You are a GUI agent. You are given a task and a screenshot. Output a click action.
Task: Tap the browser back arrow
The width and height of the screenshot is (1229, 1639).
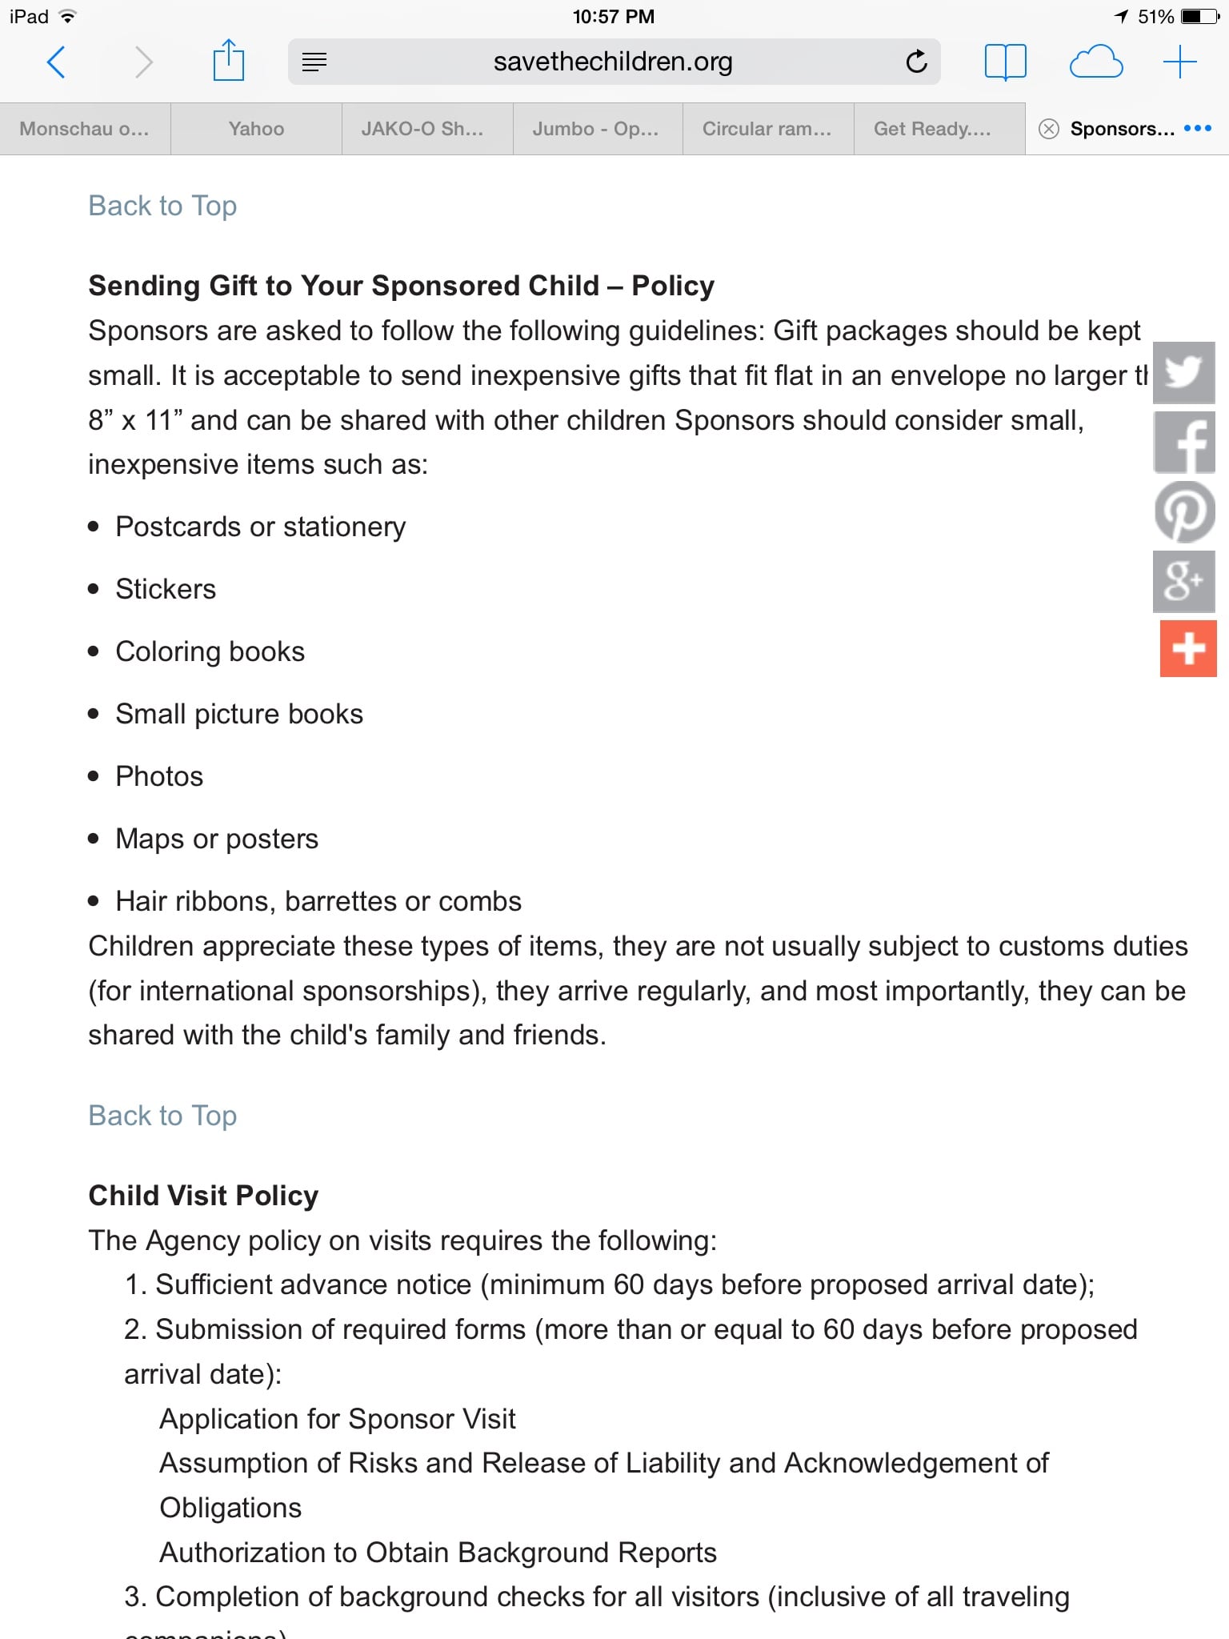(56, 62)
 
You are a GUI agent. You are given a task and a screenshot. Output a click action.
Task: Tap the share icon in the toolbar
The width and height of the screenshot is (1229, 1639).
(229, 61)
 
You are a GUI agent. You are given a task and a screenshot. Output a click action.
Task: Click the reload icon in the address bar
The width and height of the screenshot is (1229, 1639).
(916, 62)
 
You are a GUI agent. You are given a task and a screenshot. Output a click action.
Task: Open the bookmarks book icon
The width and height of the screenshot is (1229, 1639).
(1005, 62)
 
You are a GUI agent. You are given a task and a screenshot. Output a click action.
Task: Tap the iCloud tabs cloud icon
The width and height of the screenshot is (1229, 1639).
(1095, 62)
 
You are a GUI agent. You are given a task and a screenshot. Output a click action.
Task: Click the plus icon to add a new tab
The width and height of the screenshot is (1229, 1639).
(1179, 62)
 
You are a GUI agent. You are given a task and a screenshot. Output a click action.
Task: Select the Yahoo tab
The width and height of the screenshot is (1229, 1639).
(256, 129)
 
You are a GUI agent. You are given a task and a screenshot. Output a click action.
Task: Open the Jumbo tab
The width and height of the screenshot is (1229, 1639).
(595, 129)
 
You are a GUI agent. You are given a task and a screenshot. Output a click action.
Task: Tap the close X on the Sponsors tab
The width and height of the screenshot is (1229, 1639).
(1048, 129)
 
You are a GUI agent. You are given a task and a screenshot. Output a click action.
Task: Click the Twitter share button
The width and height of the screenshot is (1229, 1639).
(1184, 373)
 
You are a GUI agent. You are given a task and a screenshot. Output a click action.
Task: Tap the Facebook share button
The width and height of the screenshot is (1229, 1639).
(1184, 443)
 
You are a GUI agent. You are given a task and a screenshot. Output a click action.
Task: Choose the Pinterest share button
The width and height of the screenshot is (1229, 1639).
(1184, 512)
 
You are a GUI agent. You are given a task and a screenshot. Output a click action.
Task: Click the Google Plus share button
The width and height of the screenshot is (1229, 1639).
(1184, 581)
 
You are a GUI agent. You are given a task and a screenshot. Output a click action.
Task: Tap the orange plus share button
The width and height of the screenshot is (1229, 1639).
(1188, 648)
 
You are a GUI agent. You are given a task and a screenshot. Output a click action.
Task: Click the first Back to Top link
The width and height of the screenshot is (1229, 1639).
(162, 206)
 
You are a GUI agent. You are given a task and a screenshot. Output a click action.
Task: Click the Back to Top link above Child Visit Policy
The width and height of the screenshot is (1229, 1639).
(162, 1116)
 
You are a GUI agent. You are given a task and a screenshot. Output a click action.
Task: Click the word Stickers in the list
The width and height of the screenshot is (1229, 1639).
(166, 589)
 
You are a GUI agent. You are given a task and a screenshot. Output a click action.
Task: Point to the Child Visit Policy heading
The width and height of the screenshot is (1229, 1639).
(203, 1196)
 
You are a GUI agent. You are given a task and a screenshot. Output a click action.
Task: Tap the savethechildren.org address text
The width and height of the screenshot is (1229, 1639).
(613, 62)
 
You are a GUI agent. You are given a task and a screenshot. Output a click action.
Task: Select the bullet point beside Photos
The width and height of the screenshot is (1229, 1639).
(94, 776)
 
